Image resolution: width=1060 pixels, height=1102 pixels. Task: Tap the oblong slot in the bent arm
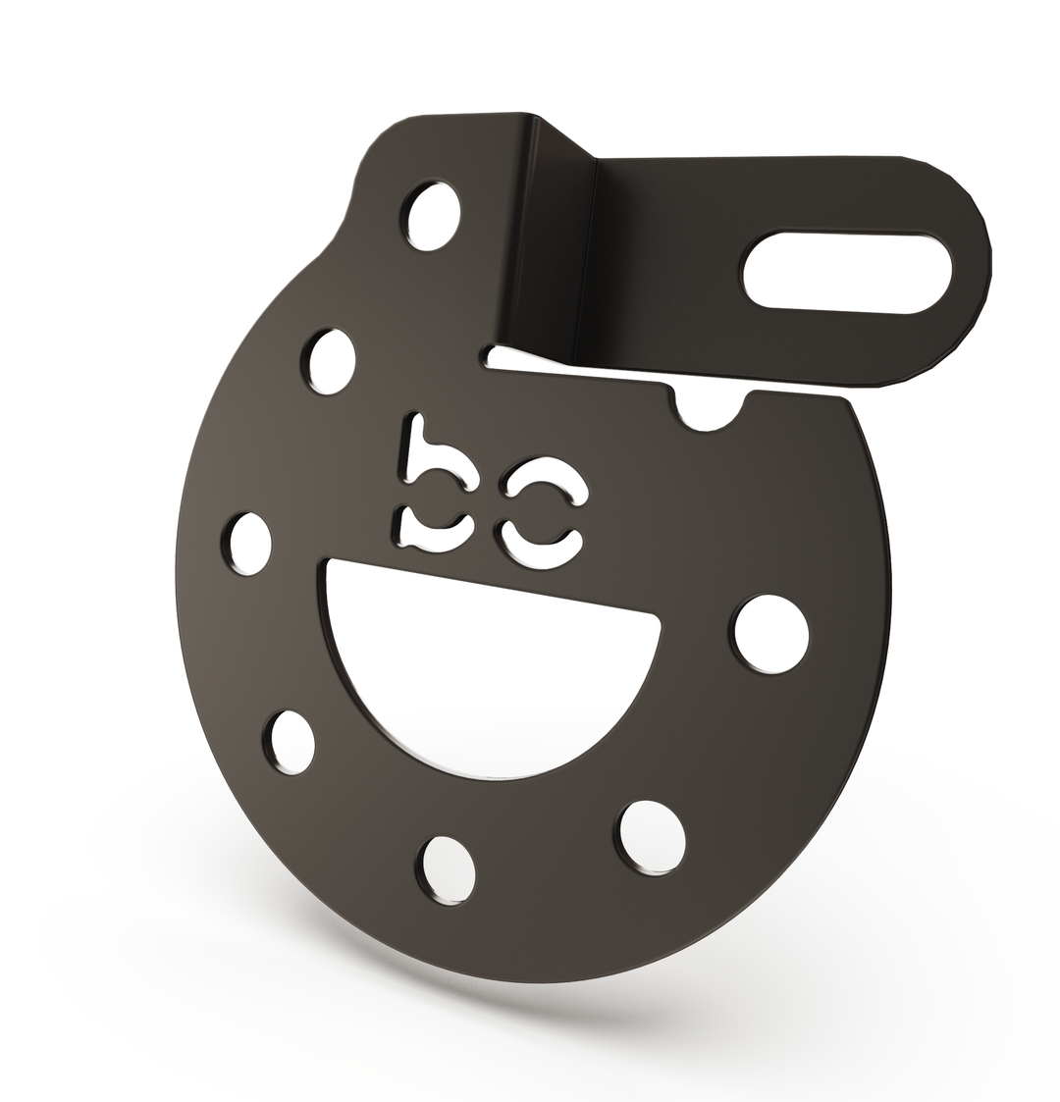click(847, 273)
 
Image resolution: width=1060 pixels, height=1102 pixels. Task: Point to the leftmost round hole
click(250, 544)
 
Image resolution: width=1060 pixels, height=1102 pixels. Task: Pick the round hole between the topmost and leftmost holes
click(331, 363)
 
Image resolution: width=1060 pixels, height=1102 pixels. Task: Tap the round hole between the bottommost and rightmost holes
click(652, 835)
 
